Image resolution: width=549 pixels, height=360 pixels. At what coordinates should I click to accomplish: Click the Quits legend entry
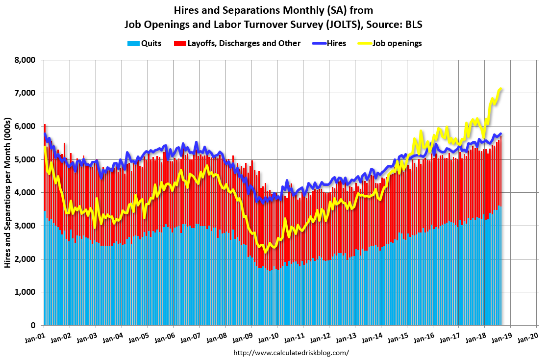tap(148, 43)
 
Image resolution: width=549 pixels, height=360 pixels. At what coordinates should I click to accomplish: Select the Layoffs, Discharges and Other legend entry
tap(244, 43)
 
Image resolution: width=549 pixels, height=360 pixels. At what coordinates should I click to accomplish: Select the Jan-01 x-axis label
tap(35, 336)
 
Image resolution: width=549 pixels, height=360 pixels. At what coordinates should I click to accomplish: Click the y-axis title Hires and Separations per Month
tap(8, 193)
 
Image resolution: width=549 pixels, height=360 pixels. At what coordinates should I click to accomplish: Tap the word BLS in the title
tap(412, 24)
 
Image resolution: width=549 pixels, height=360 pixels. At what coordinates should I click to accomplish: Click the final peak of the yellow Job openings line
tap(500, 89)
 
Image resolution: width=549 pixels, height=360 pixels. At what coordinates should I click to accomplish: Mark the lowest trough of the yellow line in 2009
tap(265, 252)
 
